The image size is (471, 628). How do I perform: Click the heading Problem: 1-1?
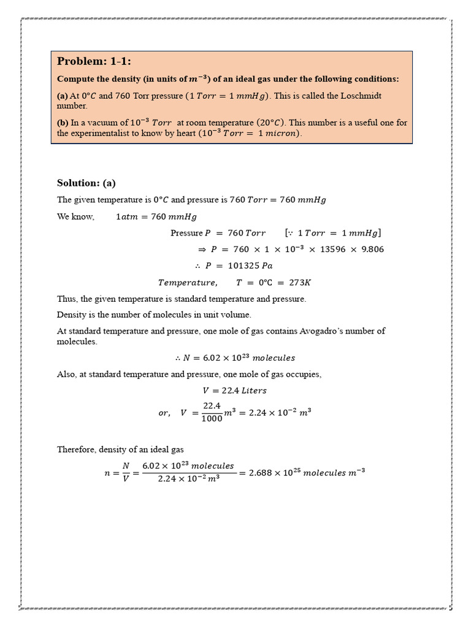click(94, 61)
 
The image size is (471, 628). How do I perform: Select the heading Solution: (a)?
click(86, 183)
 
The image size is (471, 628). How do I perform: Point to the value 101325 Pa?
click(250, 266)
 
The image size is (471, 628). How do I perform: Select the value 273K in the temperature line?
click(300, 282)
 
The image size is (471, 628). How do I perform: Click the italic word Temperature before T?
click(186, 282)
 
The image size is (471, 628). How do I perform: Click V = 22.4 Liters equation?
click(234, 390)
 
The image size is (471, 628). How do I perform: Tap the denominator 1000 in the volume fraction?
click(212, 418)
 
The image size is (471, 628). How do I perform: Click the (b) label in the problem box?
click(63, 123)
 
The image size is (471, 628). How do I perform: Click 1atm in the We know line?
click(127, 216)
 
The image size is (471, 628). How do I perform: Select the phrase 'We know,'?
click(75, 216)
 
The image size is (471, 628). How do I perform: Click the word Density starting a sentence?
click(71, 315)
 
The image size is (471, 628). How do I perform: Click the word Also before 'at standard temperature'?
click(66, 374)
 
